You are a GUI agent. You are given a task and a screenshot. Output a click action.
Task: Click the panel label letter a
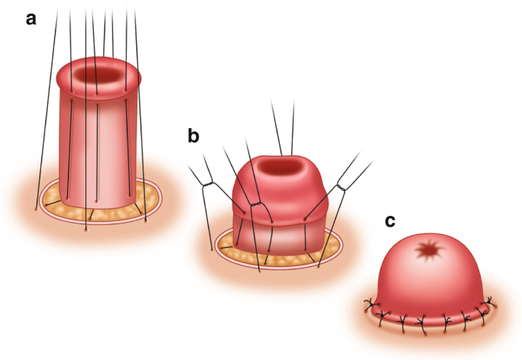31,19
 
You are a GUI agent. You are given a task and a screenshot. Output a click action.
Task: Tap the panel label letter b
195,137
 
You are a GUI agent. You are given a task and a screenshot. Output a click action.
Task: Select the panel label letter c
390,222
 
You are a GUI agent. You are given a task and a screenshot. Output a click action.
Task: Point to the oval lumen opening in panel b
282,166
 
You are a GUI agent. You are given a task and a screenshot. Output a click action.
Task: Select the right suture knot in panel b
343,182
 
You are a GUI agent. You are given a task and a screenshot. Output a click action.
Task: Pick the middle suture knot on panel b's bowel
257,204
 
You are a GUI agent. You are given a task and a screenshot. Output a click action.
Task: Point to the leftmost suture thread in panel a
46,114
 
